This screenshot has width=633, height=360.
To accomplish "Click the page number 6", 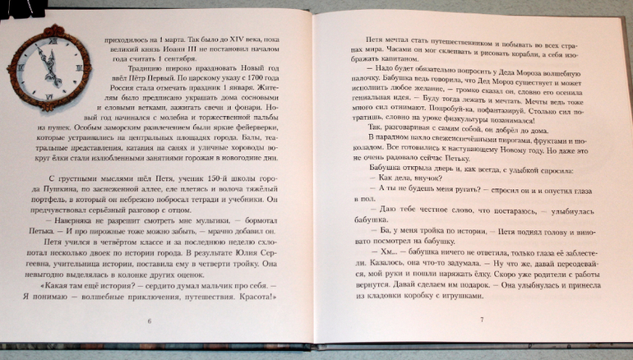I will click(x=148, y=320).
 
